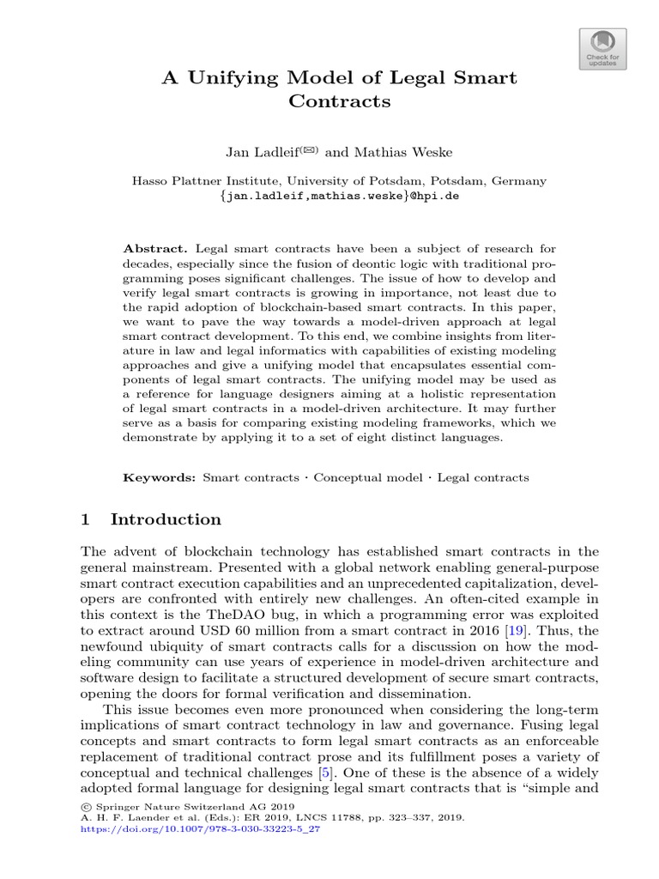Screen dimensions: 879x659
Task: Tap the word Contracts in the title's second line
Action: coord(339,102)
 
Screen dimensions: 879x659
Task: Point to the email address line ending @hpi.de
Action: coord(339,196)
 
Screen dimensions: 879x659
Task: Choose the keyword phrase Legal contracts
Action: coord(483,477)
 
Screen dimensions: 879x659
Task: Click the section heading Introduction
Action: coord(166,519)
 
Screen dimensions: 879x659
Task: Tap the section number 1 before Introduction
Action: coord(85,519)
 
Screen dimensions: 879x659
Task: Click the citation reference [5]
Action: coord(325,772)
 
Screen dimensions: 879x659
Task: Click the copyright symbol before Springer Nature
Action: coord(84,808)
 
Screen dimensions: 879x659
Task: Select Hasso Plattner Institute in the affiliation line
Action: coord(203,181)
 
